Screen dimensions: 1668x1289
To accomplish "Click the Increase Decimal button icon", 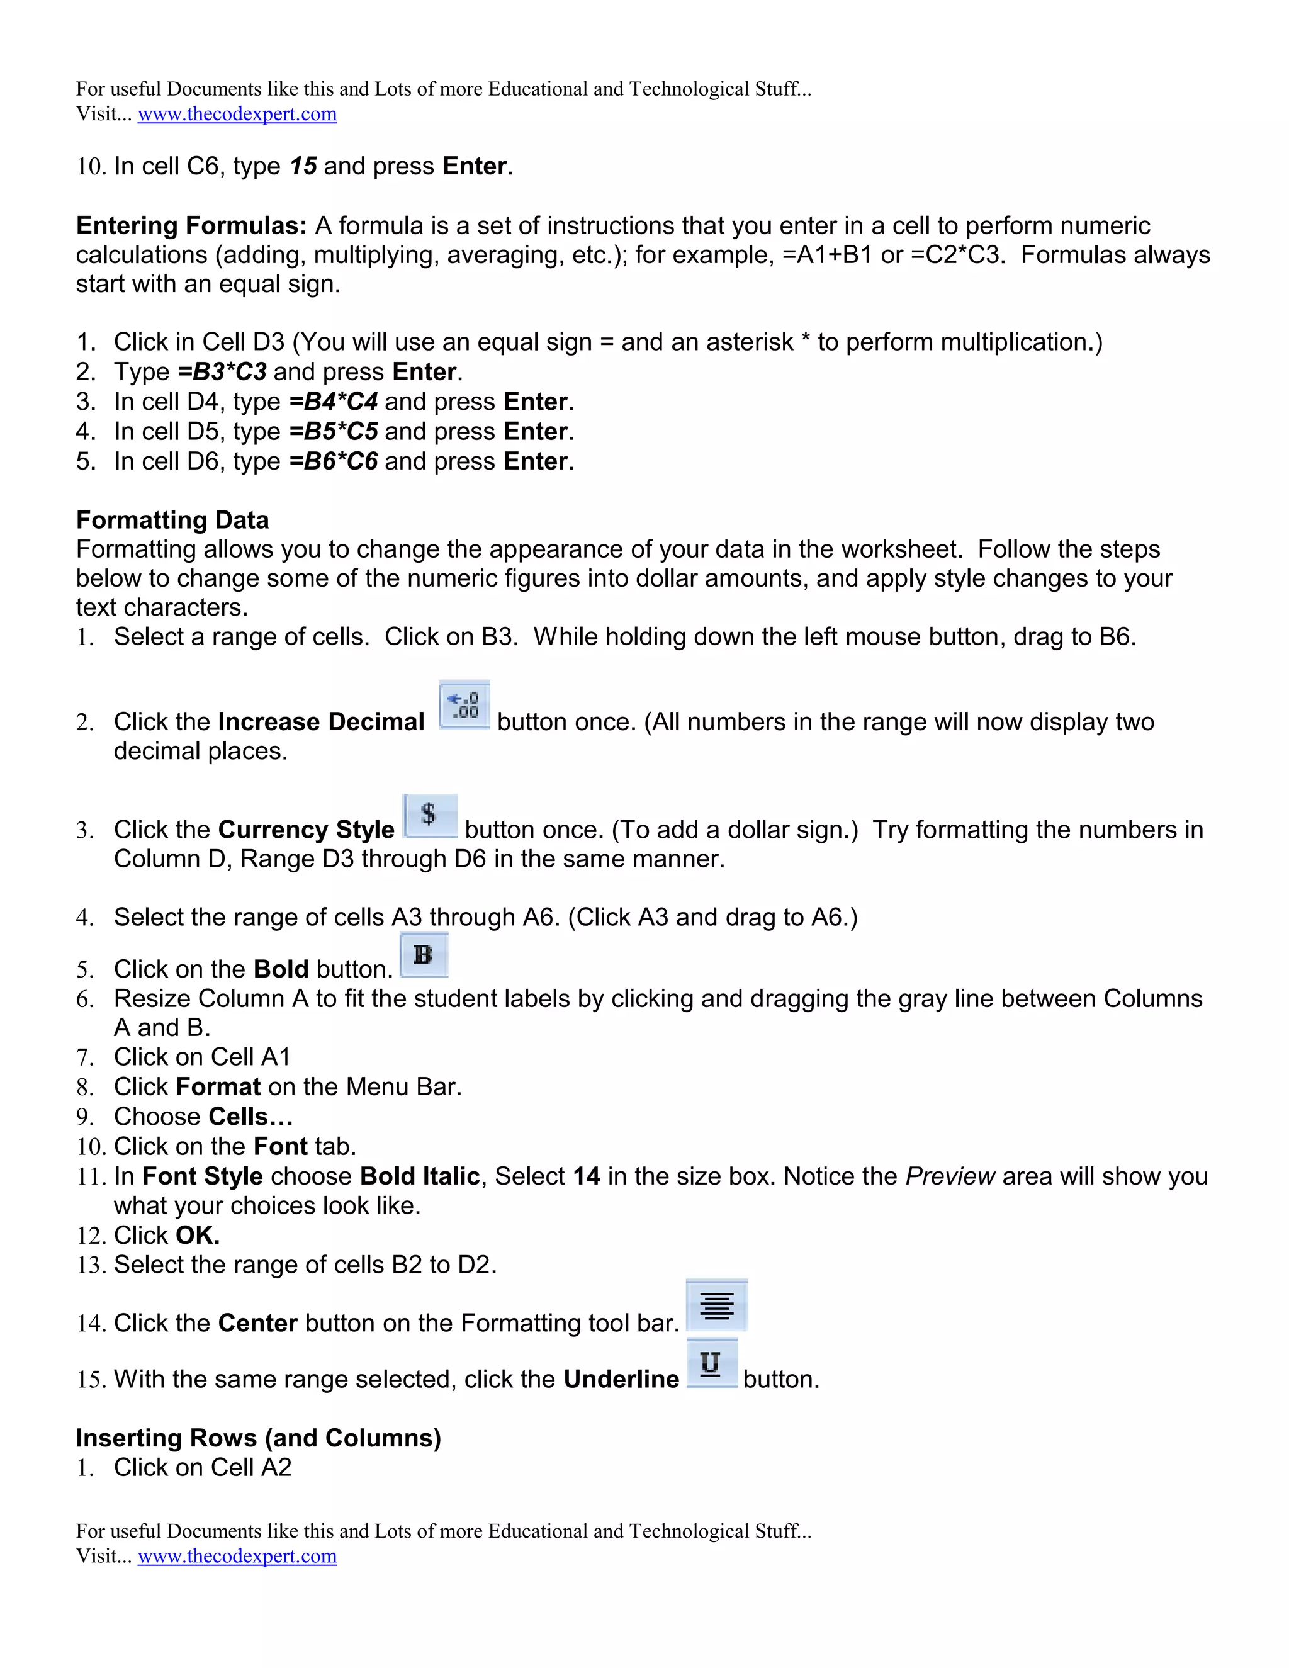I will click(x=464, y=705).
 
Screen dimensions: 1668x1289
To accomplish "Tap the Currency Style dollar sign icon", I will click(x=430, y=815).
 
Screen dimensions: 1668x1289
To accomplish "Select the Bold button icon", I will click(x=424, y=955).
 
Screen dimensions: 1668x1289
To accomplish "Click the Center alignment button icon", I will click(x=716, y=1305).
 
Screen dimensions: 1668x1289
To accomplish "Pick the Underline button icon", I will click(x=712, y=1363).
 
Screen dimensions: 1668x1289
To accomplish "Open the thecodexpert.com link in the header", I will click(x=237, y=114).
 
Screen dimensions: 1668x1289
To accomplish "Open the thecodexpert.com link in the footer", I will click(x=237, y=1556).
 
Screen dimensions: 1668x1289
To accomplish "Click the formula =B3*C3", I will click(x=222, y=372).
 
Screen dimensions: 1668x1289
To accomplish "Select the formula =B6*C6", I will click(x=334, y=461).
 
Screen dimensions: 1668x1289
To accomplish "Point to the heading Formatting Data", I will click(x=172, y=520).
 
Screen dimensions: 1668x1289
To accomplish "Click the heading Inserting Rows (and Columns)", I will click(x=258, y=1438).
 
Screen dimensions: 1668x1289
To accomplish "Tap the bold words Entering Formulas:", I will click(x=191, y=226).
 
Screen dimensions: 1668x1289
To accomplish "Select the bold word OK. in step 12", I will click(x=198, y=1235).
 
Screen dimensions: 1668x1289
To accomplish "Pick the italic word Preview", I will click(x=950, y=1176).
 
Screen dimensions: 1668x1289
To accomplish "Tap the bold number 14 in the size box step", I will click(x=587, y=1176).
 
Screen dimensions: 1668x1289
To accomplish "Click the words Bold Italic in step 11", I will click(x=420, y=1176).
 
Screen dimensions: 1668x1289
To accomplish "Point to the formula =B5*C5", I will click(x=334, y=432).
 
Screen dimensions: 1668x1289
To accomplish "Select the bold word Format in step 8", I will click(x=218, y=1087).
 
